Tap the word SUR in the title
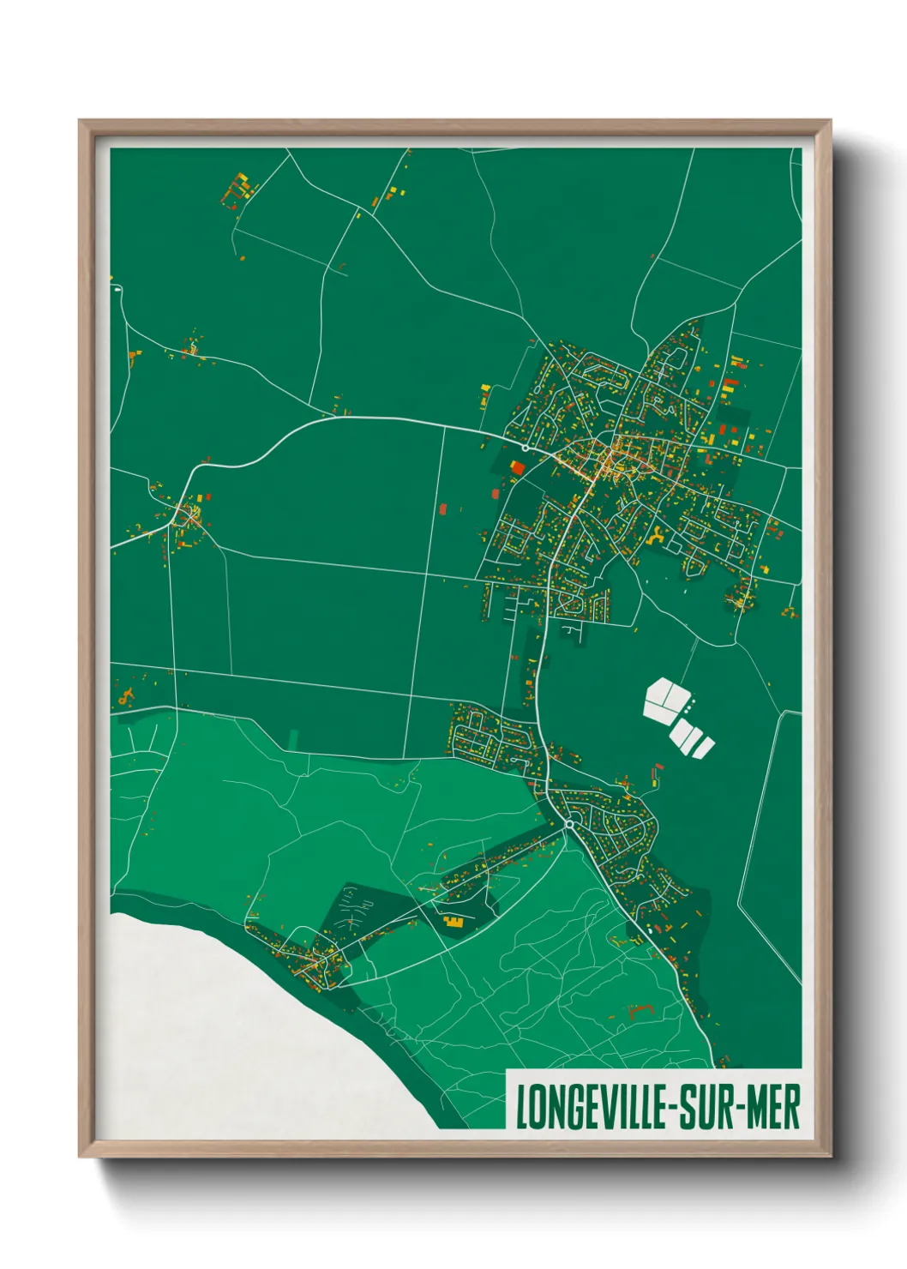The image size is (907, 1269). click(706, 1108)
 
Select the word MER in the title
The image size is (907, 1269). click(774, 1108)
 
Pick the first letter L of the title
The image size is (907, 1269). click(520, 1108)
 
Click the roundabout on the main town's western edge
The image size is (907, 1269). click(525, 448)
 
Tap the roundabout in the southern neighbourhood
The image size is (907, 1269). click(568, 824)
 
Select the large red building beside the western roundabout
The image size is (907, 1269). click(517, 467)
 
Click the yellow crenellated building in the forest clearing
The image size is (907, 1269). click(453, 922)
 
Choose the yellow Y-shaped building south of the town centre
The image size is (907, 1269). click(656, 537)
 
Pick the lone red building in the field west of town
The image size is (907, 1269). click(443, 508)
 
